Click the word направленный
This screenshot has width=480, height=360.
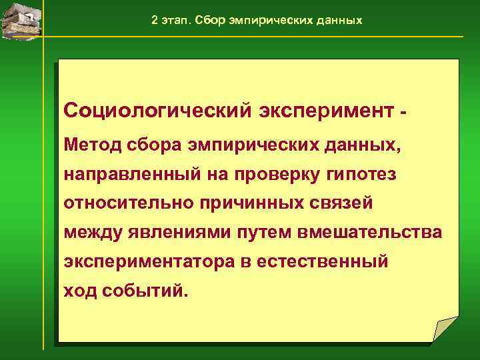(135, 174)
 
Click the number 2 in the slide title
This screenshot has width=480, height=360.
(155, 21)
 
